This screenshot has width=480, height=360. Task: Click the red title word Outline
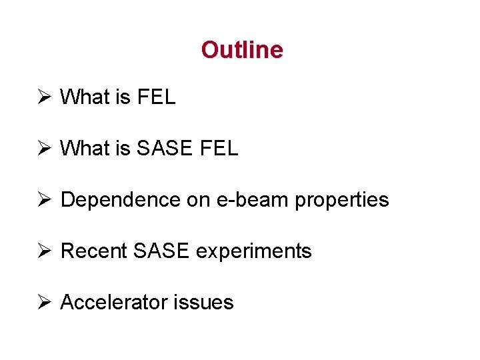(242, 50)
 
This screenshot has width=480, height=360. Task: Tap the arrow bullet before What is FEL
(44, 97)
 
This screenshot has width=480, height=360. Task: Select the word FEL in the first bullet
(156, 97)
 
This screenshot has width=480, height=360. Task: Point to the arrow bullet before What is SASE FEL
(44, 149)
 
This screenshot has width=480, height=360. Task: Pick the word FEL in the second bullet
(219, 149)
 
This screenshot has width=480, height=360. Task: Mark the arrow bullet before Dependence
(44, 200)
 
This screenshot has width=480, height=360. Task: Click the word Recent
(94, 251)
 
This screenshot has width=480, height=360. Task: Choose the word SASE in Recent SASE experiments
(162, 251)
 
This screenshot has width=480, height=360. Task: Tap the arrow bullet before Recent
(44, 251)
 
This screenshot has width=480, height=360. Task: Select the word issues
(203, 303)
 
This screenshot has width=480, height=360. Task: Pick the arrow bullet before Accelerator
(44, 303)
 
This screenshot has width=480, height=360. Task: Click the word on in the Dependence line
(199, 200)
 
